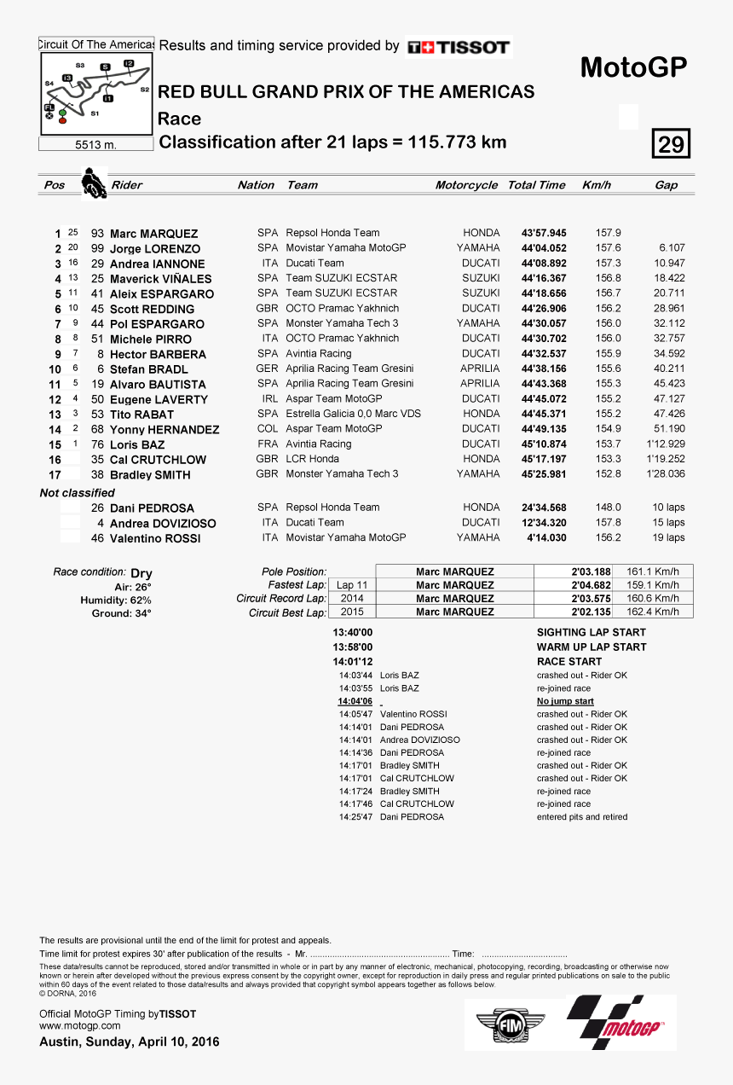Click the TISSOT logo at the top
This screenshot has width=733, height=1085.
[x=459, y=48]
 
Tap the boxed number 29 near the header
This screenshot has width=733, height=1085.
[x=671, y=144]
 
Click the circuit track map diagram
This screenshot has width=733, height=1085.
[x=96, y=93]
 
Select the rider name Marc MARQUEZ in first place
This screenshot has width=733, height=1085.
[x=153, y=234]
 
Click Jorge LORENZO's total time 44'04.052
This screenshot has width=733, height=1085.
[x=544, y=248]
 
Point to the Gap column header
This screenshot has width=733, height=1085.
[x=666, y=185]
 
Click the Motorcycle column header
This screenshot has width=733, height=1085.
[x=466, y=185]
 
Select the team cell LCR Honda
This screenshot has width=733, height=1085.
[x=312, y=459]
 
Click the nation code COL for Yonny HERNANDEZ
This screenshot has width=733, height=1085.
[x=268, y=429]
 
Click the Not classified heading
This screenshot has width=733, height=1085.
[x=77, y=493]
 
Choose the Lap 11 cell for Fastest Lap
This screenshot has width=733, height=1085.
[x=351, y=585]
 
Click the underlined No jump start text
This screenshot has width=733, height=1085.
[x=565, y=701]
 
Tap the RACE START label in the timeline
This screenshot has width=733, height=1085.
[x=569, y=661]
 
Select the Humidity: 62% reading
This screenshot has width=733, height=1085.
[x=115, y=601]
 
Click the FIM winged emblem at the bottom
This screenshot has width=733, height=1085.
[x=509, y=1024]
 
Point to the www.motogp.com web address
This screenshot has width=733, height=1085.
[x=80, y=1026]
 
